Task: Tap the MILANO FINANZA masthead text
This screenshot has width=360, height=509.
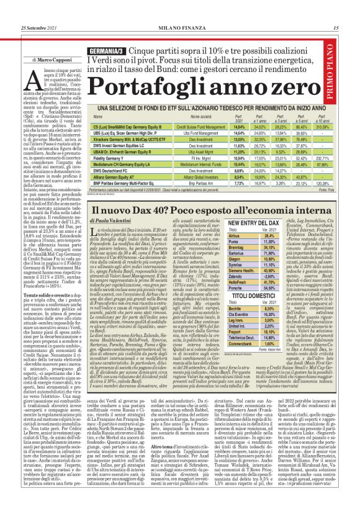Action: tap(179, 10)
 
